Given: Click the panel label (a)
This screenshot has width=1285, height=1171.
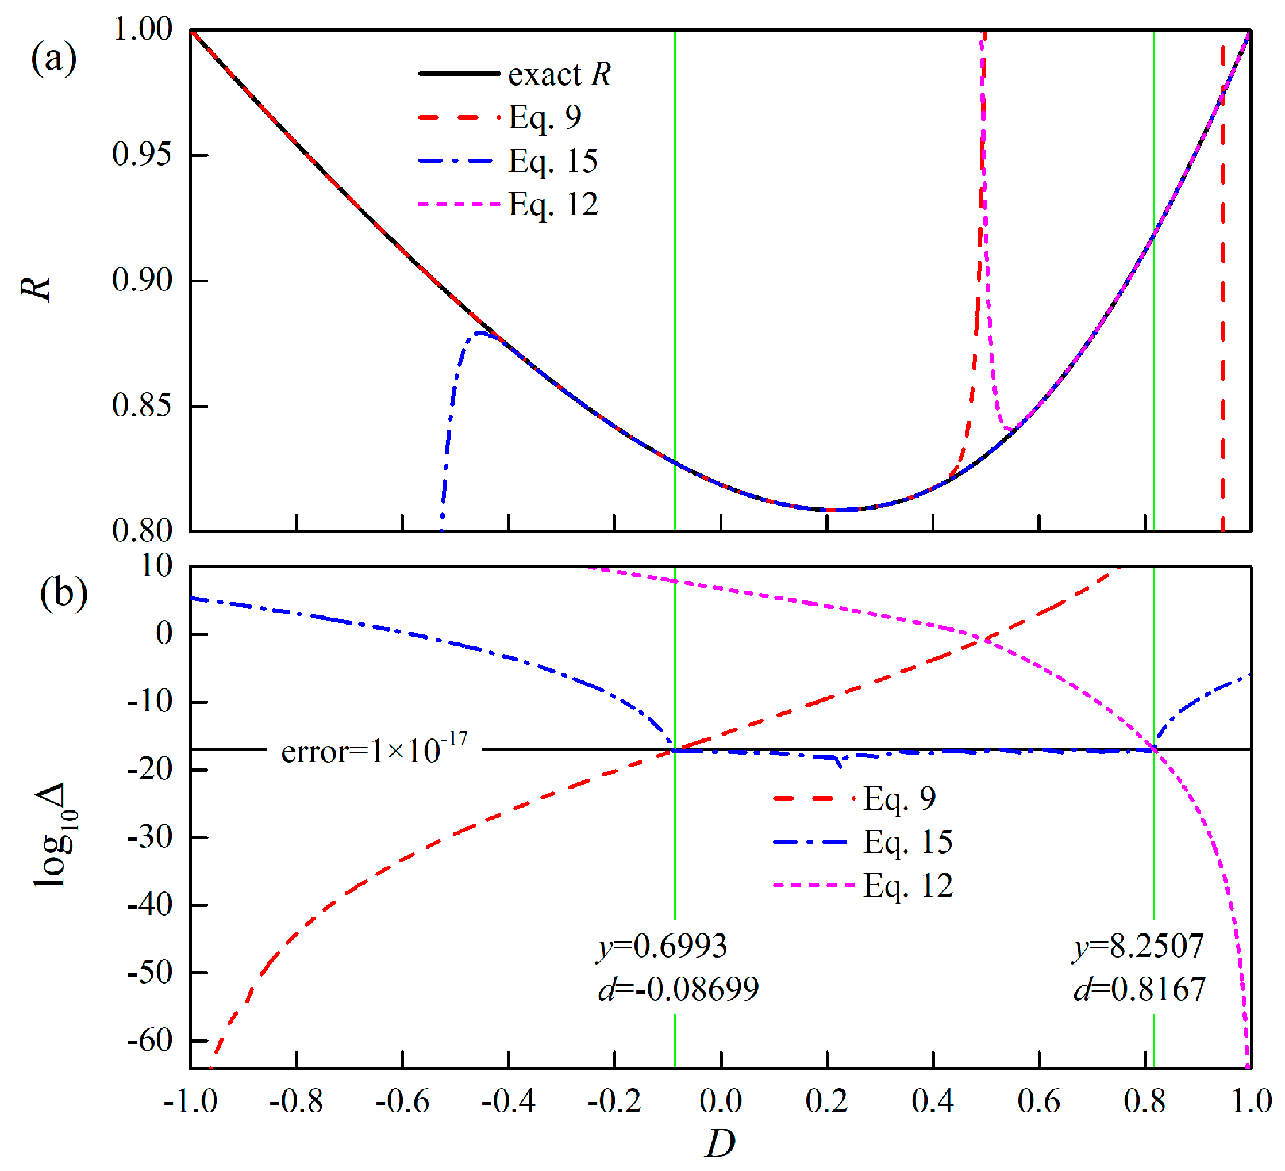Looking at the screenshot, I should point(53,59).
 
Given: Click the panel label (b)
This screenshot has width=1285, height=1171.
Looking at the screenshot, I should point(63,594).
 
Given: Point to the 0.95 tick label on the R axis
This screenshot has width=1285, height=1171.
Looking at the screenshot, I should point(142,155).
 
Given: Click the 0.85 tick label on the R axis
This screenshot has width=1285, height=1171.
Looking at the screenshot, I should point(142,406).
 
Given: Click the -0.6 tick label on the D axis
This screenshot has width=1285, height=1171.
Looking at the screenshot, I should point(402,1101).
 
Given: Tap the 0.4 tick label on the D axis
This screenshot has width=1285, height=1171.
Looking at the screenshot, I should point(933,1101).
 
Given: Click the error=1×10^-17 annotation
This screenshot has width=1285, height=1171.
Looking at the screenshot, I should point(374,751).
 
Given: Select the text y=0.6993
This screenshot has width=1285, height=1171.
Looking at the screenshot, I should point(661,946).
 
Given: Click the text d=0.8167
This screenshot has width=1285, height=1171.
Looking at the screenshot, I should point(1140,990).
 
